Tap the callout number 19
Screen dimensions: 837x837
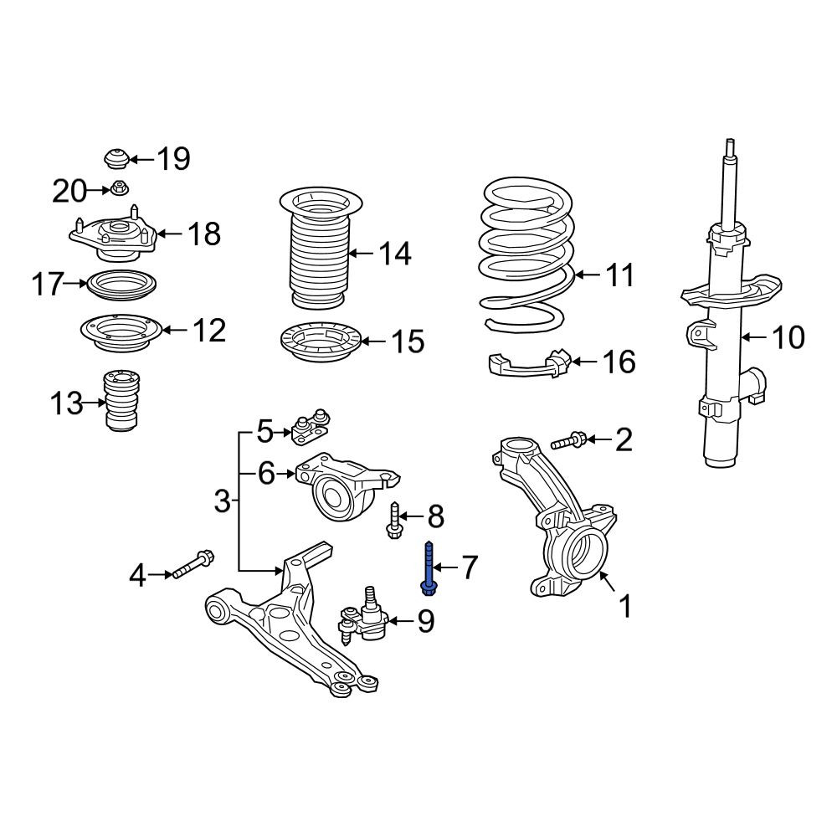(174, 158)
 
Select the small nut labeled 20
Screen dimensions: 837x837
(119, 188)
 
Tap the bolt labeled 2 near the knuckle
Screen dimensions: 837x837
(569, 440)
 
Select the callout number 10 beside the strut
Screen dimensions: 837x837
(788, 337)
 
